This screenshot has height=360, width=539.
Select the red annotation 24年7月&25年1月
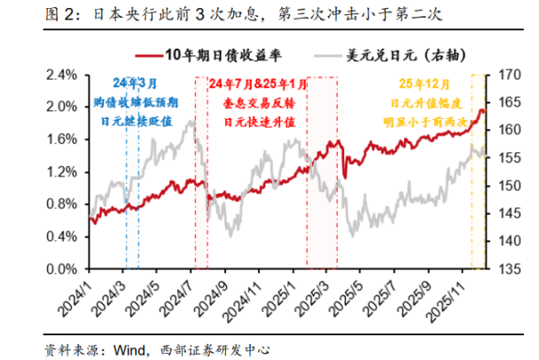[x=259, y=85]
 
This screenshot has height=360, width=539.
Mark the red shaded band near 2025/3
[x=323, y=177]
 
